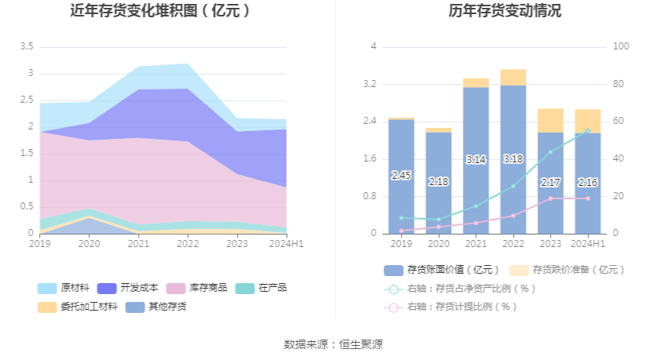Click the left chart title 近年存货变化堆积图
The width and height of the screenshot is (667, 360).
161,11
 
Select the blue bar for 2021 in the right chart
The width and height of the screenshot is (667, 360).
476,160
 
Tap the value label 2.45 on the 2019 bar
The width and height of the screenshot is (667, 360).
401,176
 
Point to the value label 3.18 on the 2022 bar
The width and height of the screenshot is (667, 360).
513,159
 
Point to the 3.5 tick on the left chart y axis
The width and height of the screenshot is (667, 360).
26,47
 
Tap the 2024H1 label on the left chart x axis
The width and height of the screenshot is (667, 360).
286,244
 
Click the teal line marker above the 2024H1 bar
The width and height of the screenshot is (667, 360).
587,131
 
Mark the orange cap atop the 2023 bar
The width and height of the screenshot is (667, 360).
551,120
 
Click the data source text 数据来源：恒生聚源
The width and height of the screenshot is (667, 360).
333,344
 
